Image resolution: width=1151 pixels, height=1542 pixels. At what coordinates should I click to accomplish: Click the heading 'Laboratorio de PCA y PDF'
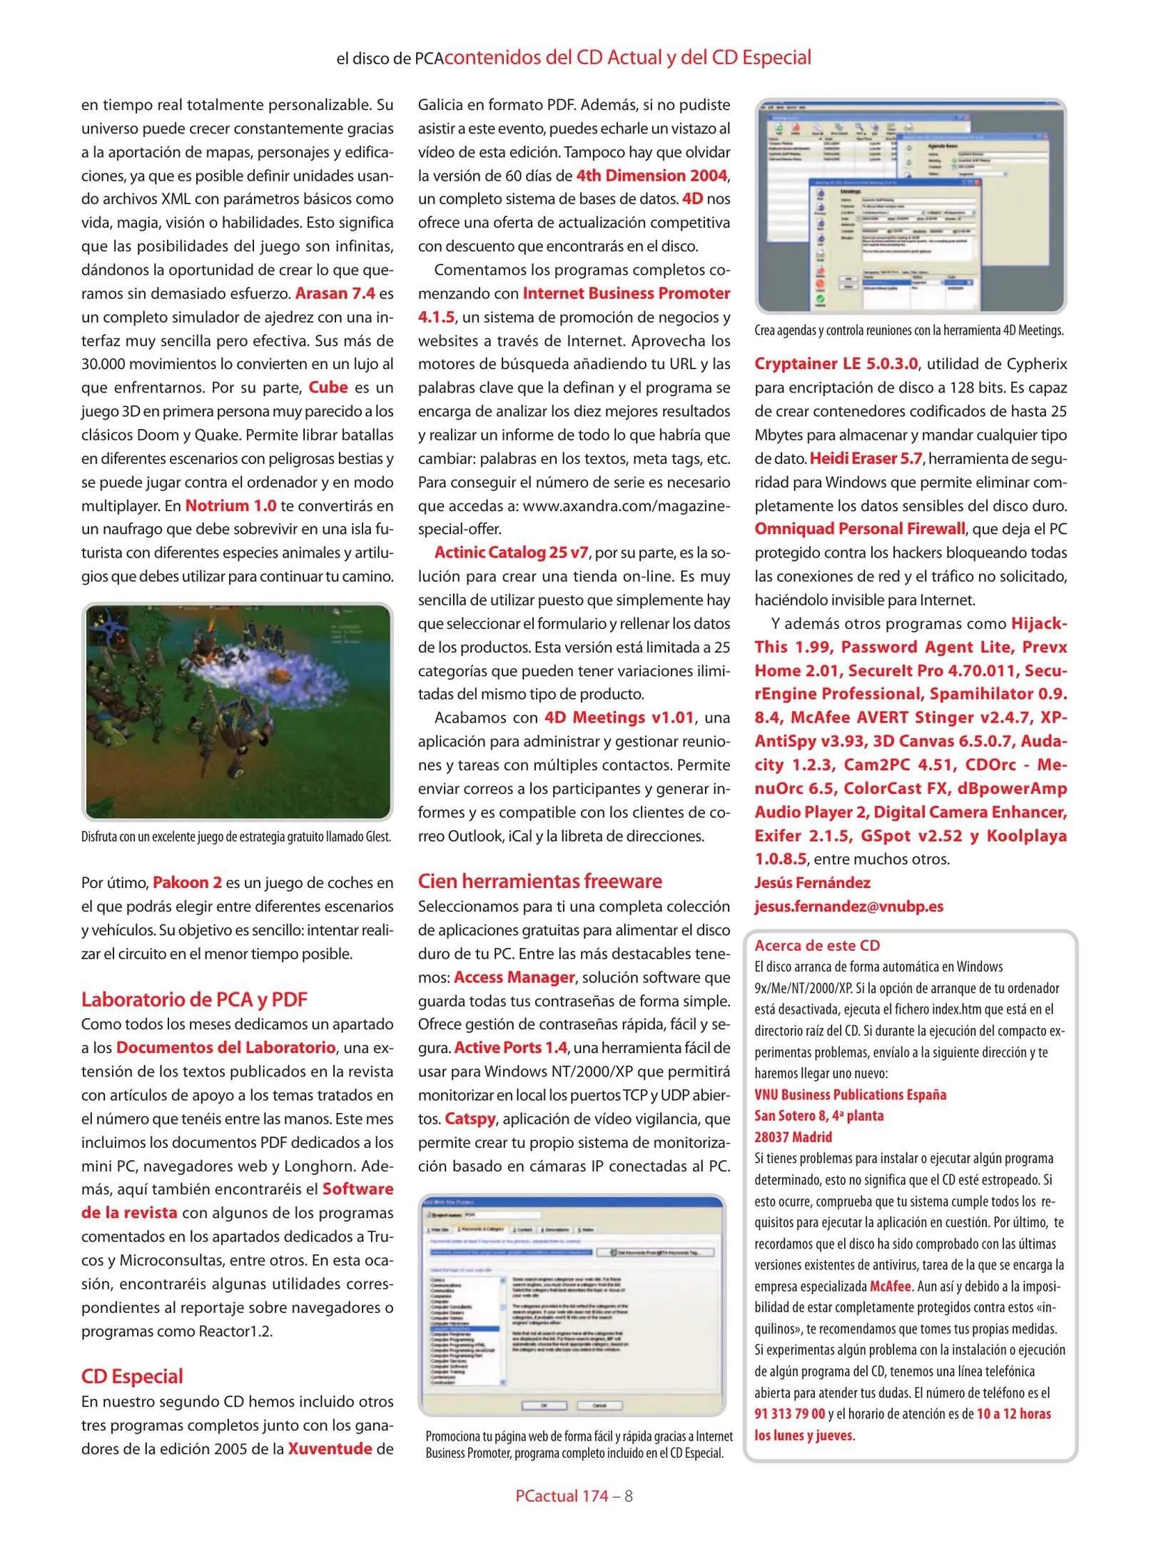pyautogui.click(x=194, y=999)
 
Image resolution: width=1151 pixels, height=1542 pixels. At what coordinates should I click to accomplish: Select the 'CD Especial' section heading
pyautogui.click(x=132, y=1376)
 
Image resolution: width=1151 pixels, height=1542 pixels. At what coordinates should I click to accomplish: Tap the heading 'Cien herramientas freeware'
pyautogui.click(x=539, y=881)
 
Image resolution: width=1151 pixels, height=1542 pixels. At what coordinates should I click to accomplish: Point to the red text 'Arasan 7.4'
pyautogui.click(x=335, y=293)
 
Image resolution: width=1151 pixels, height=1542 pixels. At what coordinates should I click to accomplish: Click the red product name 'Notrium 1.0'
pyautogui.click(x=230, y=506)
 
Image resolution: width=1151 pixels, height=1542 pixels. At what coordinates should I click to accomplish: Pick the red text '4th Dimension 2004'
pyautogui.click(x=651, y=176)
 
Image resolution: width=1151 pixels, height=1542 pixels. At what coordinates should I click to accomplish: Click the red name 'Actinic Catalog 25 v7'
pyautogui.click(x=512, y=553)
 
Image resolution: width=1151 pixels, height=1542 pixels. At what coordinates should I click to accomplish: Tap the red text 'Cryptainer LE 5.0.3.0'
pyautogui.click(x=836, y=364)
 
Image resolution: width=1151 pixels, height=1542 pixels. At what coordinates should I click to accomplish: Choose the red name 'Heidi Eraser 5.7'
pyautogui.click(x=866, y=458)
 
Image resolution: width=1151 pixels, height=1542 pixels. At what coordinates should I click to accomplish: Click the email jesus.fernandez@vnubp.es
pyautogui.click(x=848, y=907)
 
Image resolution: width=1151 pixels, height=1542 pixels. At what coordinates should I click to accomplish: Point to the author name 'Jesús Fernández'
pyautogui.click(x=812, y=883)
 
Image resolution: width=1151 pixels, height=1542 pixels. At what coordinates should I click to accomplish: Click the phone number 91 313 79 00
pyautogui.click(x=789, y=1414)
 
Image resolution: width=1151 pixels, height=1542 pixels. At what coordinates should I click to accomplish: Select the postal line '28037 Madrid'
pyautogui.click(x=793, y=1137)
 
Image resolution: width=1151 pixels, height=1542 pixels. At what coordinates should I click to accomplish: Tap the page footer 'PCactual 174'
pyautogui.click(x=562, y=1496)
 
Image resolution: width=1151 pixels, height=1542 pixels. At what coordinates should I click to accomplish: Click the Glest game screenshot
pyautogui.click(x=238, y=712)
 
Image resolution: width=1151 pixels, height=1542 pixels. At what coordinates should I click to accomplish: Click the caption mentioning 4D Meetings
pyautogui.click(x=908, y=331)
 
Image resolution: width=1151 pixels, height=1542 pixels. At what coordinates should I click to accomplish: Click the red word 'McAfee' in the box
pyautogui.click(x=890, y=1286)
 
